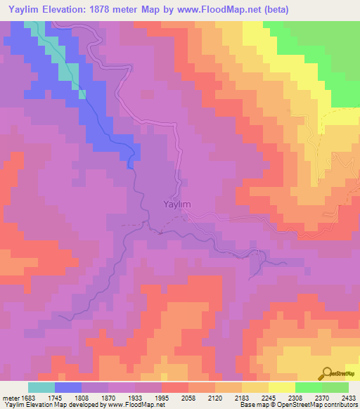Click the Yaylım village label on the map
point(172,204)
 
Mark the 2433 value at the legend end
point(348,397)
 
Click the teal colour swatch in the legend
point(41,387)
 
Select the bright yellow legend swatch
point(281,387)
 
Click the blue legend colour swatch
point(68,387)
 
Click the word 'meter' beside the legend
point(12,397)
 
